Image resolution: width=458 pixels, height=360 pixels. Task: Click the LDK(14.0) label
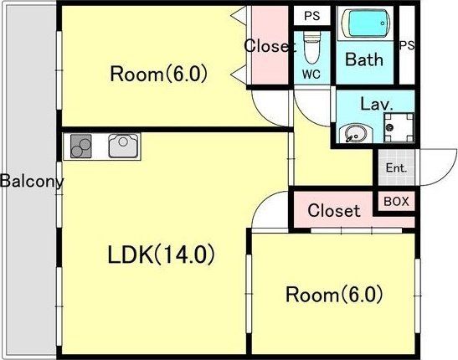(161, 254)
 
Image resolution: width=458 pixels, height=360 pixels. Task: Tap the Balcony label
(32, 181)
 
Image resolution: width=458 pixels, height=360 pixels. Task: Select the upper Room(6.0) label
(158, 75)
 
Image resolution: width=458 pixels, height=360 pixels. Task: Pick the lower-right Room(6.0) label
(333, 295)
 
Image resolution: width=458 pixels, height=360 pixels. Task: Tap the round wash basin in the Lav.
(353, 131)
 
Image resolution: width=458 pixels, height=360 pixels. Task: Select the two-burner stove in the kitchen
(82, 146)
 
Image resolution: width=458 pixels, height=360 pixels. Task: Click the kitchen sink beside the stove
(122, 147)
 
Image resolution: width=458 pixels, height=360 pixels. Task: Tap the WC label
(311, 75)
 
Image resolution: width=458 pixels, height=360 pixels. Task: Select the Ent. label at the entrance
(395, 168)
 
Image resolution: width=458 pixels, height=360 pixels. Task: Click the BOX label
(395, 202)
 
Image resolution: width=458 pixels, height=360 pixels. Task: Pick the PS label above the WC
(311, 16)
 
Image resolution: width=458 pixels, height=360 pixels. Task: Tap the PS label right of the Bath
(407, 45)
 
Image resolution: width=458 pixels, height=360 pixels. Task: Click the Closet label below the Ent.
(334, 210)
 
